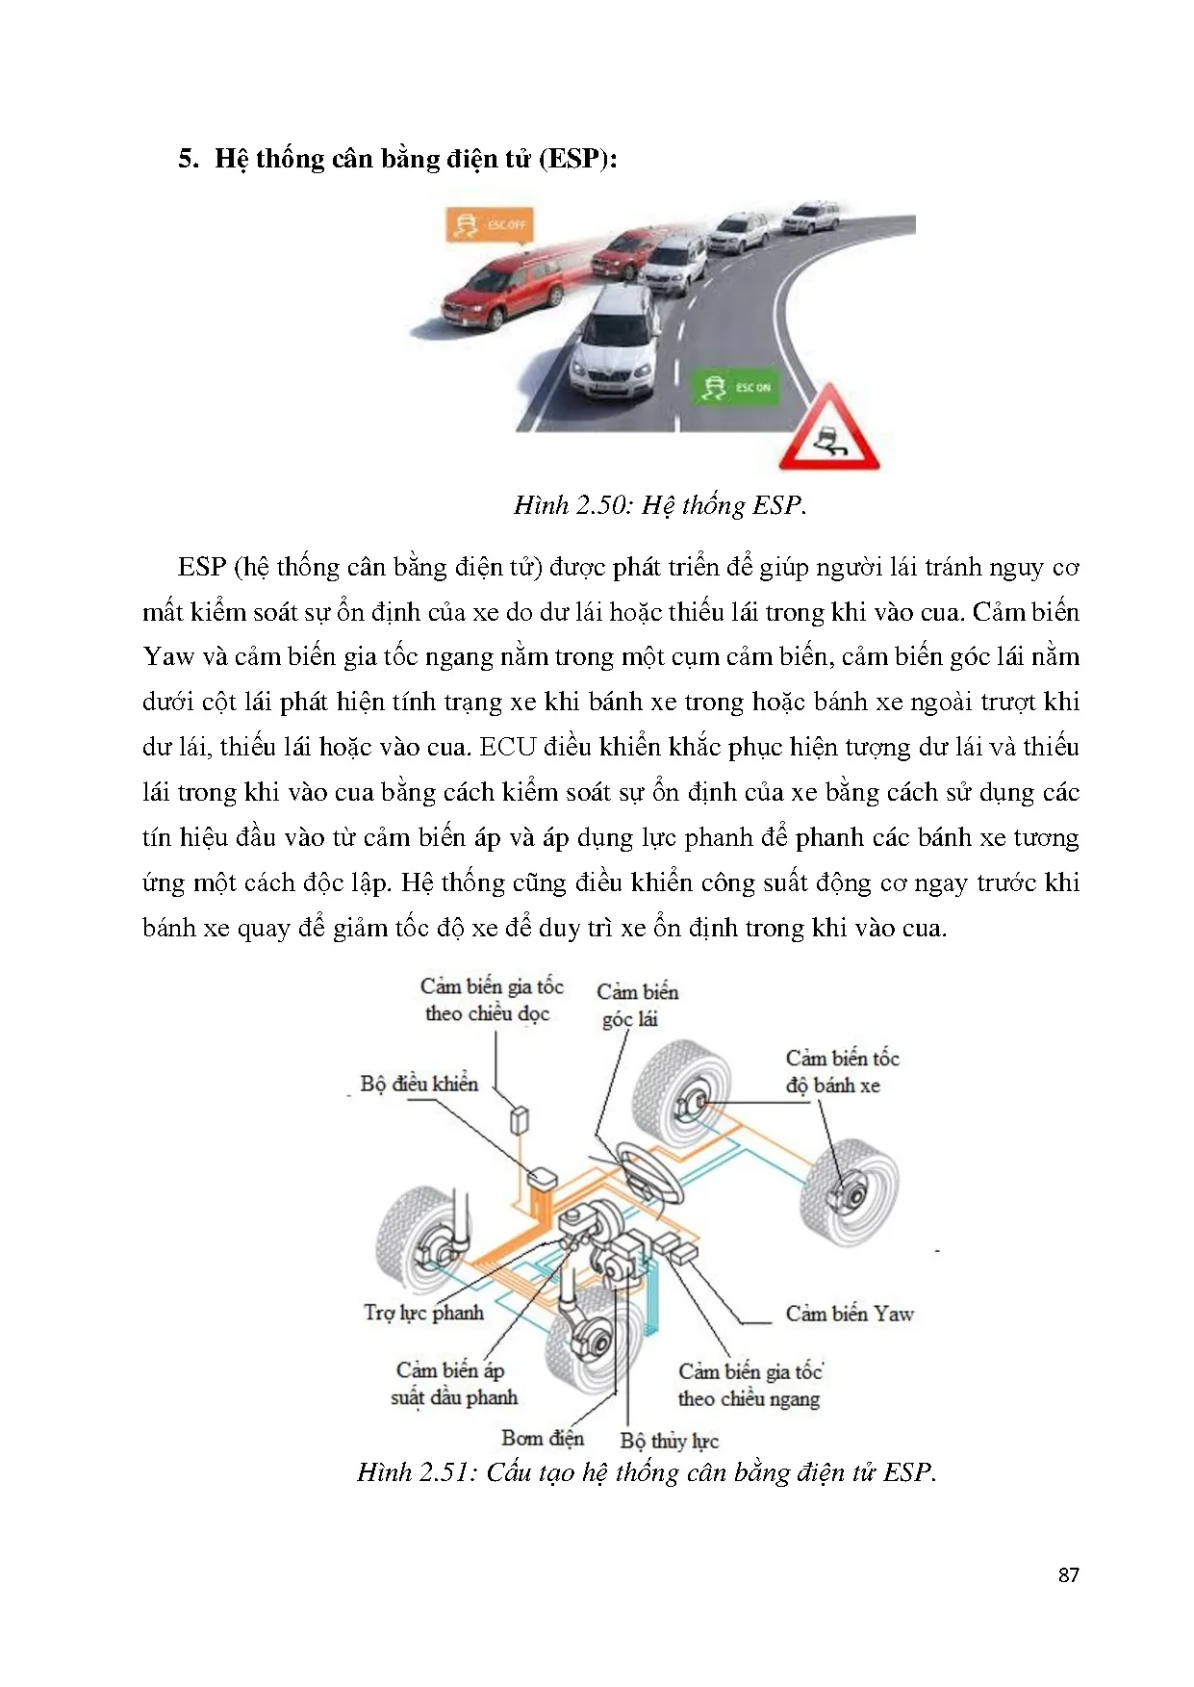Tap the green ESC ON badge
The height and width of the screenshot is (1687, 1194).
click(737, 387)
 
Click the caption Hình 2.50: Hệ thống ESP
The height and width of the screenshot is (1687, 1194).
click(660, 505)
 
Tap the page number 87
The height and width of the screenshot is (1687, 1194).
click(1068, 1575)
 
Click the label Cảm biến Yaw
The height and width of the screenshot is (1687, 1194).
click(849, 1314)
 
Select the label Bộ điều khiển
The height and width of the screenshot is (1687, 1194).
click(419, 1084)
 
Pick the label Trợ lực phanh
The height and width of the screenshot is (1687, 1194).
click(423, 1313)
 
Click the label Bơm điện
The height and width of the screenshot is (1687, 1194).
click(543, 1438)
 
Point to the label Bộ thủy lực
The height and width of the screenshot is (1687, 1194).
click(670, 1441)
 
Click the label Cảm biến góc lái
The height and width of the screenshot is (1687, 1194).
click(636, 1005)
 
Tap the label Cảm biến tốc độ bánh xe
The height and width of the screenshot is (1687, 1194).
click(841, 1071)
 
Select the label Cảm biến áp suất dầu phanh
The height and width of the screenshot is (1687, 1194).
click(453, 1383)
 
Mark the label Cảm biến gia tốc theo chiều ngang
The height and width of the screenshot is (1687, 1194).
click(749, 1385)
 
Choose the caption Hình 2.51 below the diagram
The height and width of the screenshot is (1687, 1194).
click(646, 1472)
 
